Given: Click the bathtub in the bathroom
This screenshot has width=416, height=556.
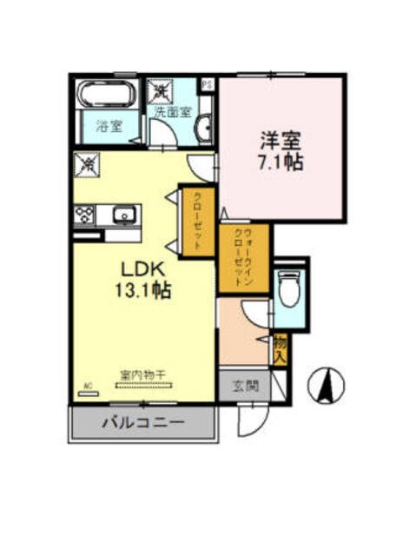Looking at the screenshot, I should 108,94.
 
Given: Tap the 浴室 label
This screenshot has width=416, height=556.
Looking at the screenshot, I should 108,127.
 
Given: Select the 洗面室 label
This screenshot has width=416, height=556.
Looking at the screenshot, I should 171,112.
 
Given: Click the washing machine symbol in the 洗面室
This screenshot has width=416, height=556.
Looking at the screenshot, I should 161,90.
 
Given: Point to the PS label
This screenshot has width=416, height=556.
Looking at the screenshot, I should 208,84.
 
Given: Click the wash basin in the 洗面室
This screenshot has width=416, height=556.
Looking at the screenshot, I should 206,129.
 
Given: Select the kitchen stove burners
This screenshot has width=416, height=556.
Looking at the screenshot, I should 85,213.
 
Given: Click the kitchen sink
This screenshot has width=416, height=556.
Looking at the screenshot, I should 124,213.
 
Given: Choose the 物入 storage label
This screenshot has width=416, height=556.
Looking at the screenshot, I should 280,349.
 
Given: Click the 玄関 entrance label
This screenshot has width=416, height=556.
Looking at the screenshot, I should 245,387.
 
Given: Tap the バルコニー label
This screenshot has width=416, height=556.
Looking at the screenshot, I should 142,425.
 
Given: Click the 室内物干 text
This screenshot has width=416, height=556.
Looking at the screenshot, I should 142,375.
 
